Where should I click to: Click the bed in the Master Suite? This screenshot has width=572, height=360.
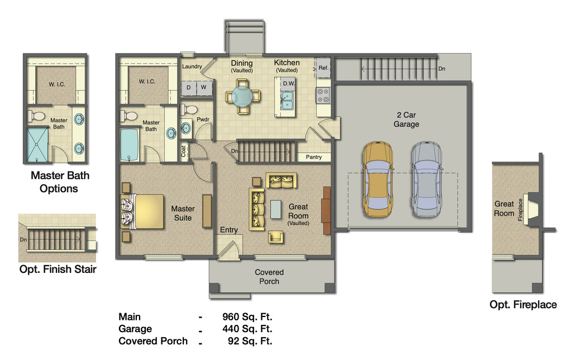pyautogui.click(x=143, y=212)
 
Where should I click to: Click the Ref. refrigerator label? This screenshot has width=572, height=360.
pyautogui.click(x=323, y=68)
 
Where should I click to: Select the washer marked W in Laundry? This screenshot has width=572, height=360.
pyautogui.click(x=204, y=88)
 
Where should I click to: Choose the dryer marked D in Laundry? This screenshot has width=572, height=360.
pyautogui.click(x=189, y=88)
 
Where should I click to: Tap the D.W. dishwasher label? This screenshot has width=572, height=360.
pyautogui.click(x=288, y=84)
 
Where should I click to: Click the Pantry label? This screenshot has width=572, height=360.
pyautogui.click(x=314, y=157)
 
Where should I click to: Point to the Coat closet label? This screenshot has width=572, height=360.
pyautogui.click(x=184, y=151)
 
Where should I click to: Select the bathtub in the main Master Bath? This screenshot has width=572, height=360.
pyautogui.click(x=130, y=145)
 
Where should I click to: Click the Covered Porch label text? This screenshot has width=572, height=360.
pyautogui.click(x=269, y=277)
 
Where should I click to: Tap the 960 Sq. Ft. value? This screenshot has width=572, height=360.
pyautogui.click(x=247, y=317)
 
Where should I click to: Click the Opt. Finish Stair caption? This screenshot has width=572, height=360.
pyautogui.click(x=58, y=270)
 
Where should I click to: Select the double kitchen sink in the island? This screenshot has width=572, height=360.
pyautogui.click(x=287, y=100)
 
